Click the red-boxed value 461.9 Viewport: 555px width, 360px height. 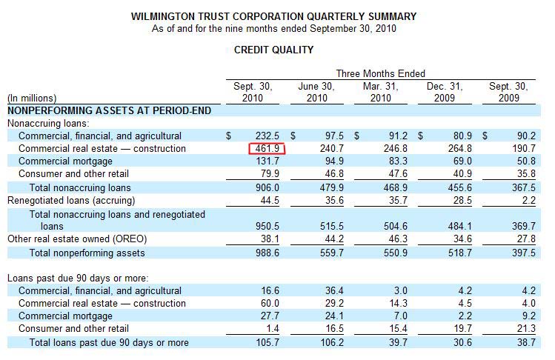click(x=267, y=149)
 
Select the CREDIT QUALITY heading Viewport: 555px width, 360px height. click(x=273, y=50)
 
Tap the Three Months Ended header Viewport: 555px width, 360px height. click(x=380, y=73)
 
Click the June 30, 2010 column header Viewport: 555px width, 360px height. click(x=316, y=92)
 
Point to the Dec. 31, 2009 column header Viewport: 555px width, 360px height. click(x=445, y=92)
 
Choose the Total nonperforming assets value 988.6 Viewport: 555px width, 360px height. click(x=267, y=252)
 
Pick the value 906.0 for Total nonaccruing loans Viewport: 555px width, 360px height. click(x=267, y=187)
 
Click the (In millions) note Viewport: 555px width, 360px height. click(x=32, y=98)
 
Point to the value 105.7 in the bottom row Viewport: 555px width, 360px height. click(x=267, y=342)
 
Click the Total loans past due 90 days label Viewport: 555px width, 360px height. click(x=109, y=342)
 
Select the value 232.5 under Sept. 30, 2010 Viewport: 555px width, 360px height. click(x=267, y=136)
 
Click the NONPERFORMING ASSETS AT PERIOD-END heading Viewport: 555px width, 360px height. click(x=109, y=110)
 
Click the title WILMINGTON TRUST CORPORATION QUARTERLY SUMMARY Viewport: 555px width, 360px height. click(x=273, y=16)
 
